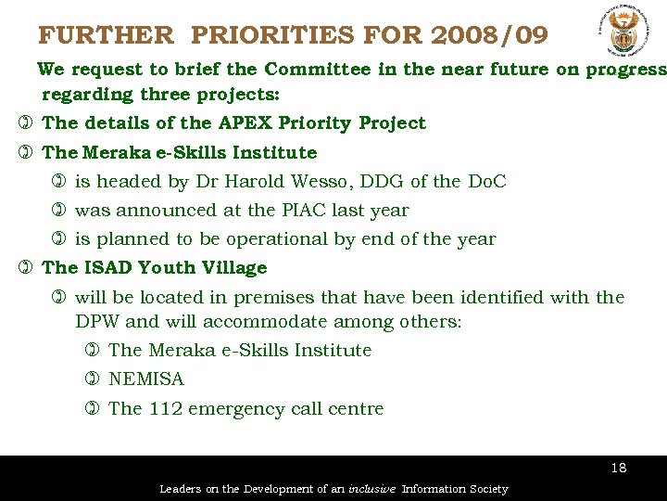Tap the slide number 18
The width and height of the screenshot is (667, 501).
(x=619, y=468)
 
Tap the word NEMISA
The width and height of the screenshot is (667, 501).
(x=146, y=379)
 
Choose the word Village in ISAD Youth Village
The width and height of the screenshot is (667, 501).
(x=235, y=268)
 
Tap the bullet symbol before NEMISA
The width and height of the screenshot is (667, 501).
(x=92, y=379)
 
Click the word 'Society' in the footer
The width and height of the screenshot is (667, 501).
(x=486, y=489)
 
